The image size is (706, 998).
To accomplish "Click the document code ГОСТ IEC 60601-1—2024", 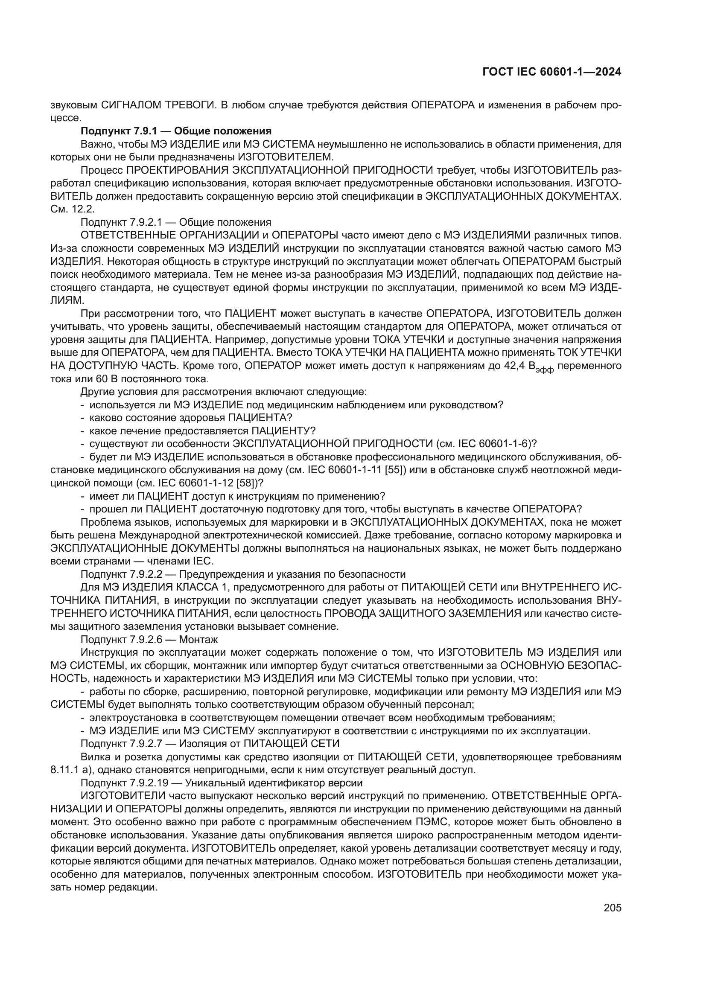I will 551,72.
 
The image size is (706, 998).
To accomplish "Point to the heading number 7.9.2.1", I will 146,222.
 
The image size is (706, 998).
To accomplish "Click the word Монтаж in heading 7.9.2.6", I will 198,640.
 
